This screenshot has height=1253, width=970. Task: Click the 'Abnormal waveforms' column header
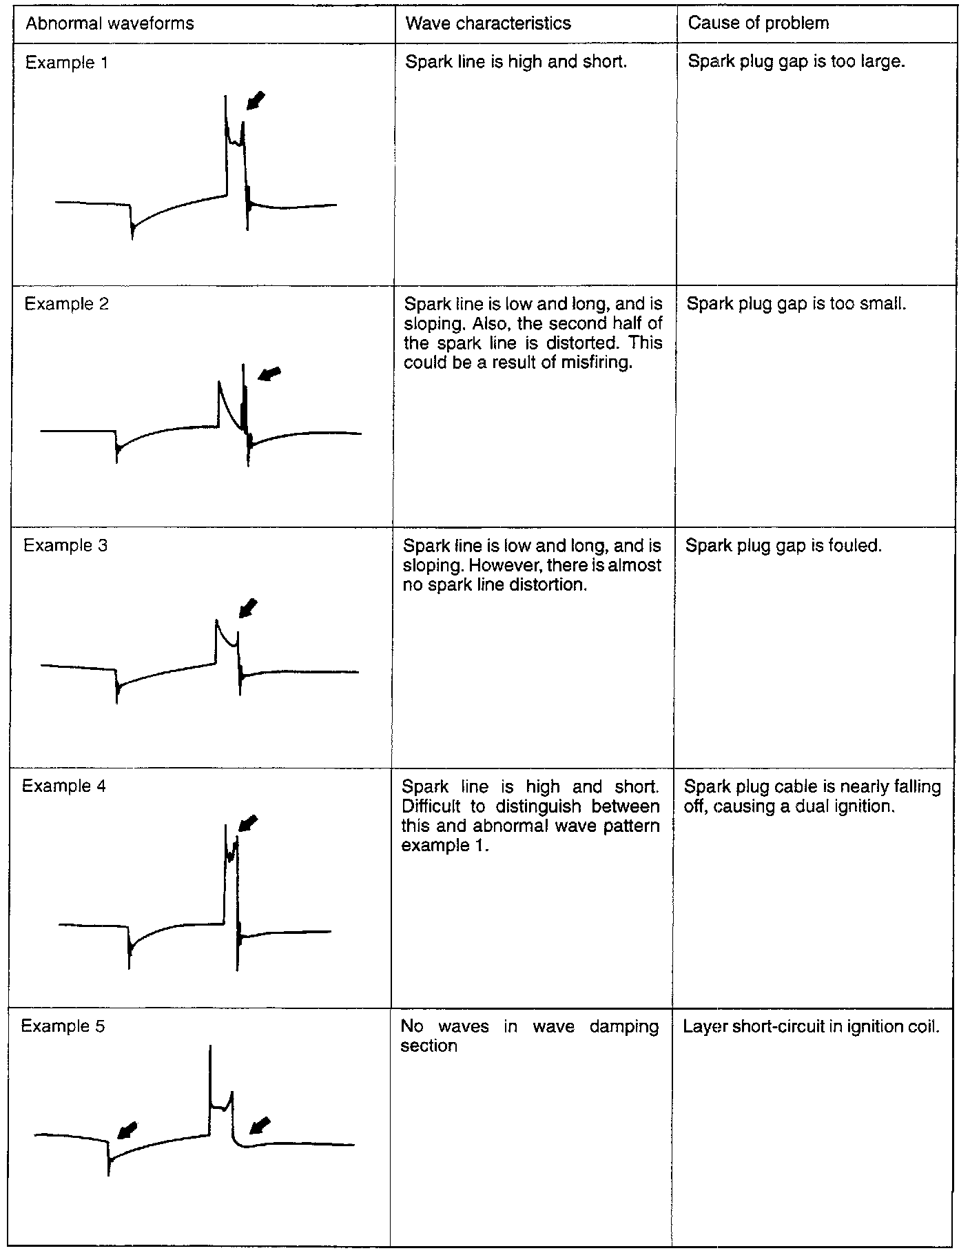110,23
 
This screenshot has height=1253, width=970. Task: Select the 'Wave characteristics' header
488,23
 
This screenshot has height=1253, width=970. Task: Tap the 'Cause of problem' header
758,23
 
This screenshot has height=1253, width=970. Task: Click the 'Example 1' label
66,63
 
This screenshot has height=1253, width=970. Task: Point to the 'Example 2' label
66,304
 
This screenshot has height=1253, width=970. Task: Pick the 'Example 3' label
65,545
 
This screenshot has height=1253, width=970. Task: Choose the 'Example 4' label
64,786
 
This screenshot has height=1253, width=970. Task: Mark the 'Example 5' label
63,1026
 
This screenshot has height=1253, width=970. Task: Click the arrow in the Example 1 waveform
256,101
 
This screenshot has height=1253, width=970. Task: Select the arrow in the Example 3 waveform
247,608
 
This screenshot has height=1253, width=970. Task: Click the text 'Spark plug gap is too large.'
796,62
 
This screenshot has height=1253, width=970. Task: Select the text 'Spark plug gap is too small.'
796,303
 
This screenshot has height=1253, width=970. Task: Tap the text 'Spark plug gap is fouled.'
783,546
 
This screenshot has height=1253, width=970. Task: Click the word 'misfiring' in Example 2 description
596,363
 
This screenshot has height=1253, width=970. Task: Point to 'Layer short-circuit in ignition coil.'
811,1027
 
